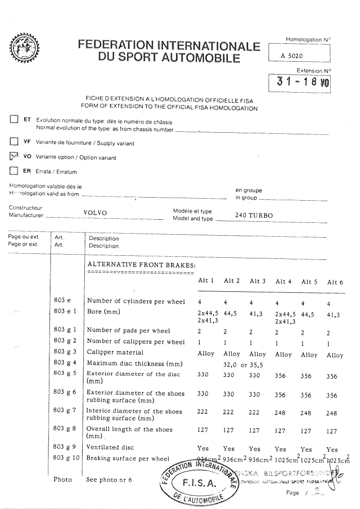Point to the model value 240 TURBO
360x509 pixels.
254,216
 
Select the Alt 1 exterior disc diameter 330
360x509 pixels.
204,376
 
